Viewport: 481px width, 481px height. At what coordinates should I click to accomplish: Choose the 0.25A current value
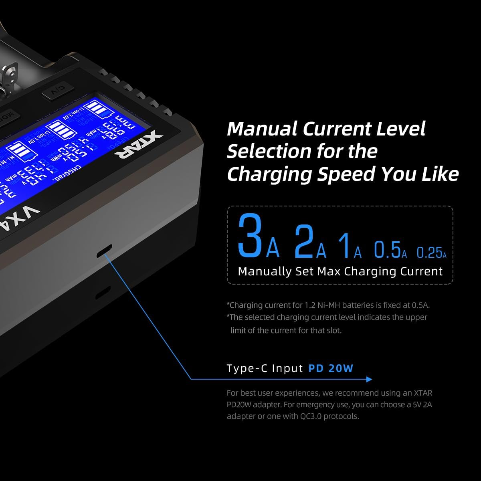pos(431,252)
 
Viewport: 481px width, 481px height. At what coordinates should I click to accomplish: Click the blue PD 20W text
pos(331,368)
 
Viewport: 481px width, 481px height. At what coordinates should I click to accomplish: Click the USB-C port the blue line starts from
pos(104,251)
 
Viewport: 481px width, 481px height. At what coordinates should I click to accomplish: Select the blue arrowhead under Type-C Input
pos(369,379)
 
